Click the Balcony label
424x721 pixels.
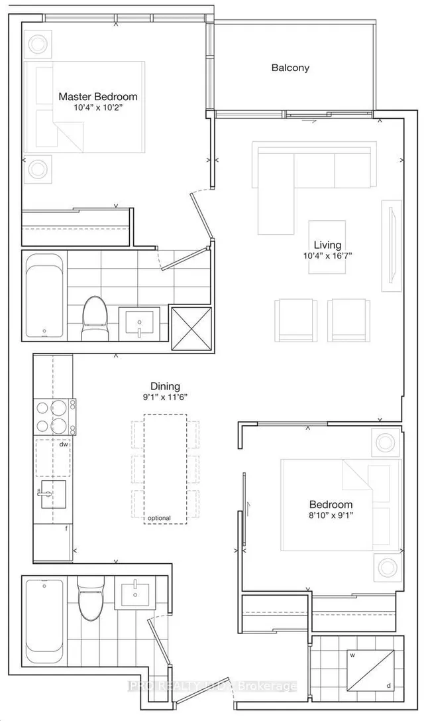pyautogui.click(x=290, y=68)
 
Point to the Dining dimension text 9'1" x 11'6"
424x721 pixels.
pyautogui.click(x=165, y=399)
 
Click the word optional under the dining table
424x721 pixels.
pyautogui.click(x=159, y=518)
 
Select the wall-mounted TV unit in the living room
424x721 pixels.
pyautogui.click(x=391, y=245)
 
